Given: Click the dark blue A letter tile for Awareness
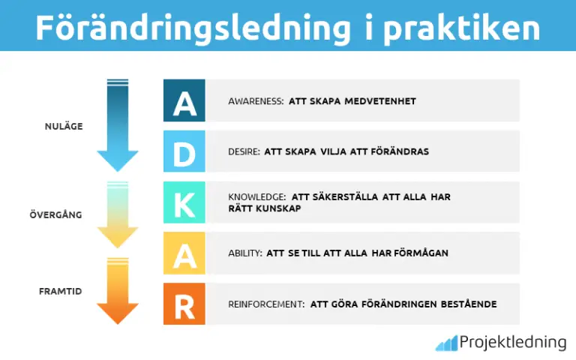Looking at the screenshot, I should point(184,100).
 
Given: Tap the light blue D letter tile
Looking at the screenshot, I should point(184,151).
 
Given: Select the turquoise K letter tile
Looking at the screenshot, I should point(184,202).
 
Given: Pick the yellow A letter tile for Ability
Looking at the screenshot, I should point(184,253).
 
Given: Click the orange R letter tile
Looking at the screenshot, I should point(184,304).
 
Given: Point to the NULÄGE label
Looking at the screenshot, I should point(63,126).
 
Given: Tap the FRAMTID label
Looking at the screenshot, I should point(60,289).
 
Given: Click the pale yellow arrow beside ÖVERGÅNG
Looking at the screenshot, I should point(118,215).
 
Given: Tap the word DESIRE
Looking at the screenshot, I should point(243,151).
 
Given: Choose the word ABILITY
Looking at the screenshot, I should point(244,253).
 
